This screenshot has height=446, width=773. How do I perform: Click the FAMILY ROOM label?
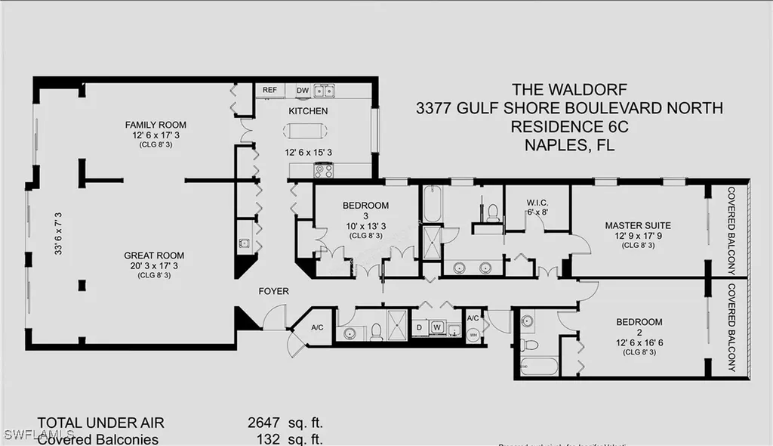[x=156, y=125]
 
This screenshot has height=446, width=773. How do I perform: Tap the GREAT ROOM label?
[x=155, y=256]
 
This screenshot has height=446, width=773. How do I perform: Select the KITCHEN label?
[x=308, y=111]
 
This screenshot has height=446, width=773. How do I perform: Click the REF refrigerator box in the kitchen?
[x=269, y=90]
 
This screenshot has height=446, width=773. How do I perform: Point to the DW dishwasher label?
[x=302, y=90]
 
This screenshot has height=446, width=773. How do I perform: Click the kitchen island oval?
[x=306, y=131]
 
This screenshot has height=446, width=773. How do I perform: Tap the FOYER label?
[x=273, y=291]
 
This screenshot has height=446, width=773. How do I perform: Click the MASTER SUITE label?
[x=637, y=225]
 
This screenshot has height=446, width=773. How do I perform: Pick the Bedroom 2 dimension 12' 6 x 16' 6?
[x=639, y=342]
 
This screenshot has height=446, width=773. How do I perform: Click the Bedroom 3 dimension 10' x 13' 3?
[x=365, y=225]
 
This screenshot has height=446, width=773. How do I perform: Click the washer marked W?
[x=437, y=327]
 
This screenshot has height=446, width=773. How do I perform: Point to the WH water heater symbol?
[x=473, y=334]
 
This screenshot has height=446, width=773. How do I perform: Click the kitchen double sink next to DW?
[x=325, y=91]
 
